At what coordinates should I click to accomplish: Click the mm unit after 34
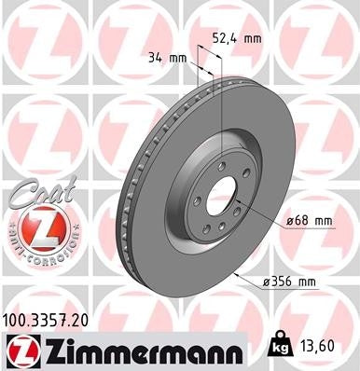click(x=182, y=58)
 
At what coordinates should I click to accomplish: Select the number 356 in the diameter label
click(x=283, y=280)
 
